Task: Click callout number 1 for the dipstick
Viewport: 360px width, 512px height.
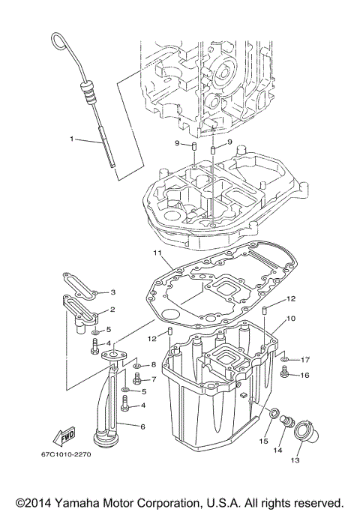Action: tap(73, 139)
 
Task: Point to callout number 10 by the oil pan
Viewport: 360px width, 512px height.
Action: tap(291, 319)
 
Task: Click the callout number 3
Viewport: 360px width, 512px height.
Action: tap(113, 292)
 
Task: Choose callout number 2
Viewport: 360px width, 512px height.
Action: tap(113, 309)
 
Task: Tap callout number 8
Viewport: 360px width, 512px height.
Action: tap(153, 365)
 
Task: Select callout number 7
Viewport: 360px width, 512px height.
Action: tap(153, 379)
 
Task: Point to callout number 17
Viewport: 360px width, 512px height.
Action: tap(305, 360)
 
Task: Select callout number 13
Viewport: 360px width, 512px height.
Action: tap(295, 460)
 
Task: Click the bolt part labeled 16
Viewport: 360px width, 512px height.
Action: tap(285, 373)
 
